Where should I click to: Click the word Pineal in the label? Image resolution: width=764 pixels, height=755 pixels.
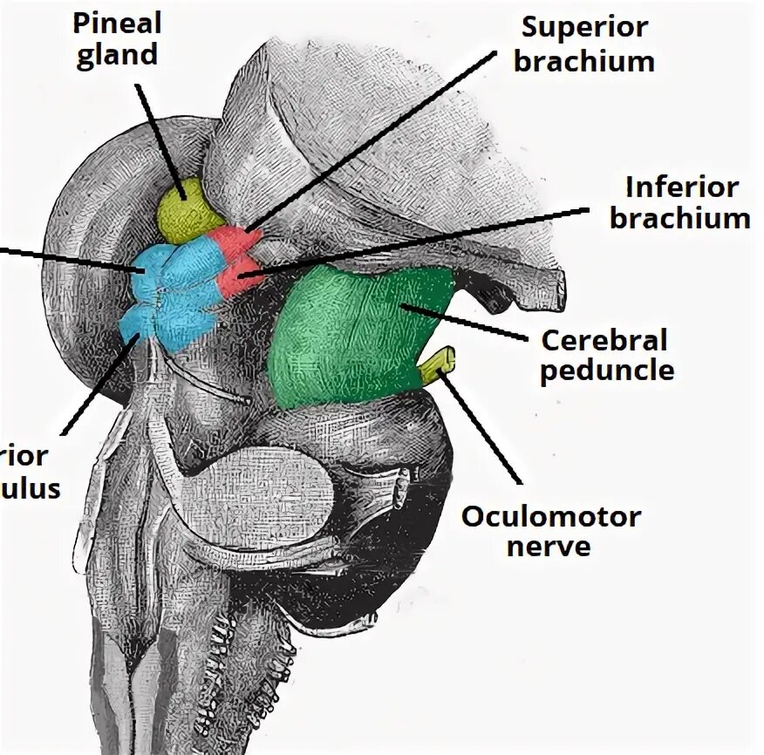click(115, 24)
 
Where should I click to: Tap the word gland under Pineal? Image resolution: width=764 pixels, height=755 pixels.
click(115, 54)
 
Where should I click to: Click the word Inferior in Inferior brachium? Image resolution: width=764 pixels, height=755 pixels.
click(681, 187)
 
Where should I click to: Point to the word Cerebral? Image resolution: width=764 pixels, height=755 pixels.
click(603, 339)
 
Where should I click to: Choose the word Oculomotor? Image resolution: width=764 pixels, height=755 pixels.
click(550, 516)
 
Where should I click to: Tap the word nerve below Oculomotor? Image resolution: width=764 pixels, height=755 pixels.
click(550, 547)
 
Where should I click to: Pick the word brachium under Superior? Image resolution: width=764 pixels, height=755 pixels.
click(589, 61)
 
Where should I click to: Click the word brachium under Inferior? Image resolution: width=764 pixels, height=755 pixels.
click(679, 218)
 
